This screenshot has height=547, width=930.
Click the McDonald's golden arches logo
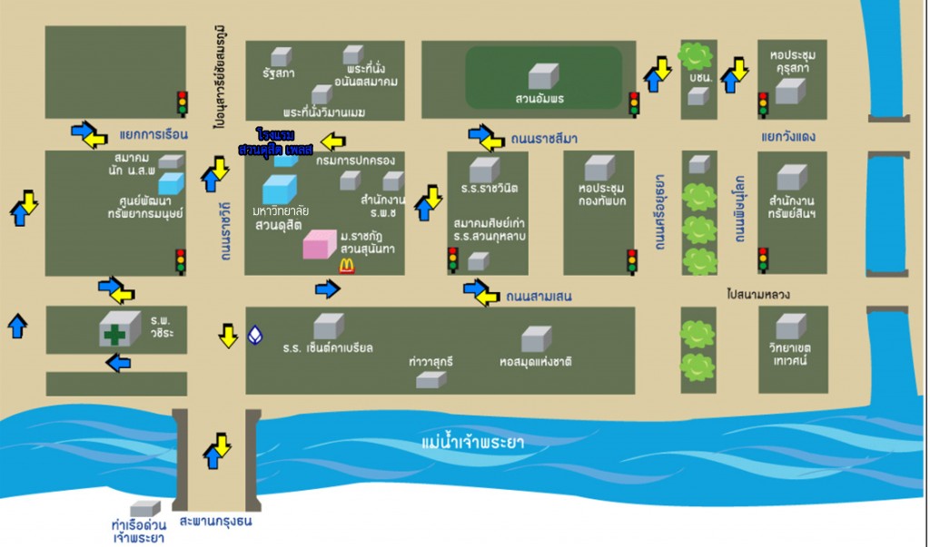(346, 265)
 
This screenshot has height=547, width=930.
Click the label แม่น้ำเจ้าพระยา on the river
(473, 443)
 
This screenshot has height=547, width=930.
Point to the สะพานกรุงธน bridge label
(215, 522)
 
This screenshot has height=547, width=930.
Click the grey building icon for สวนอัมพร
(543, 76)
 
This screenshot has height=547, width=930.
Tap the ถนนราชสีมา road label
(542, 138)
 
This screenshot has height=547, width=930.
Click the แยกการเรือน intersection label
(153, 134)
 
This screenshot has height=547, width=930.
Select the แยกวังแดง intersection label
(789, 137)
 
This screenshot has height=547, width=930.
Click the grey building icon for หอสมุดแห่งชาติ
(536, 339)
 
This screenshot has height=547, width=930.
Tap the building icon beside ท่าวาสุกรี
(430, 380)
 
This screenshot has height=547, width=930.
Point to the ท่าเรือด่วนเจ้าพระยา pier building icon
(144, 509)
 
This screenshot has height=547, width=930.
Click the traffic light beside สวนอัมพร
(634, 104)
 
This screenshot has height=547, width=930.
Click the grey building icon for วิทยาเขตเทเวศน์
(790, 326)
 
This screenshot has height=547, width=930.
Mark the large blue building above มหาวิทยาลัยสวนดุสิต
(279, 189)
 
